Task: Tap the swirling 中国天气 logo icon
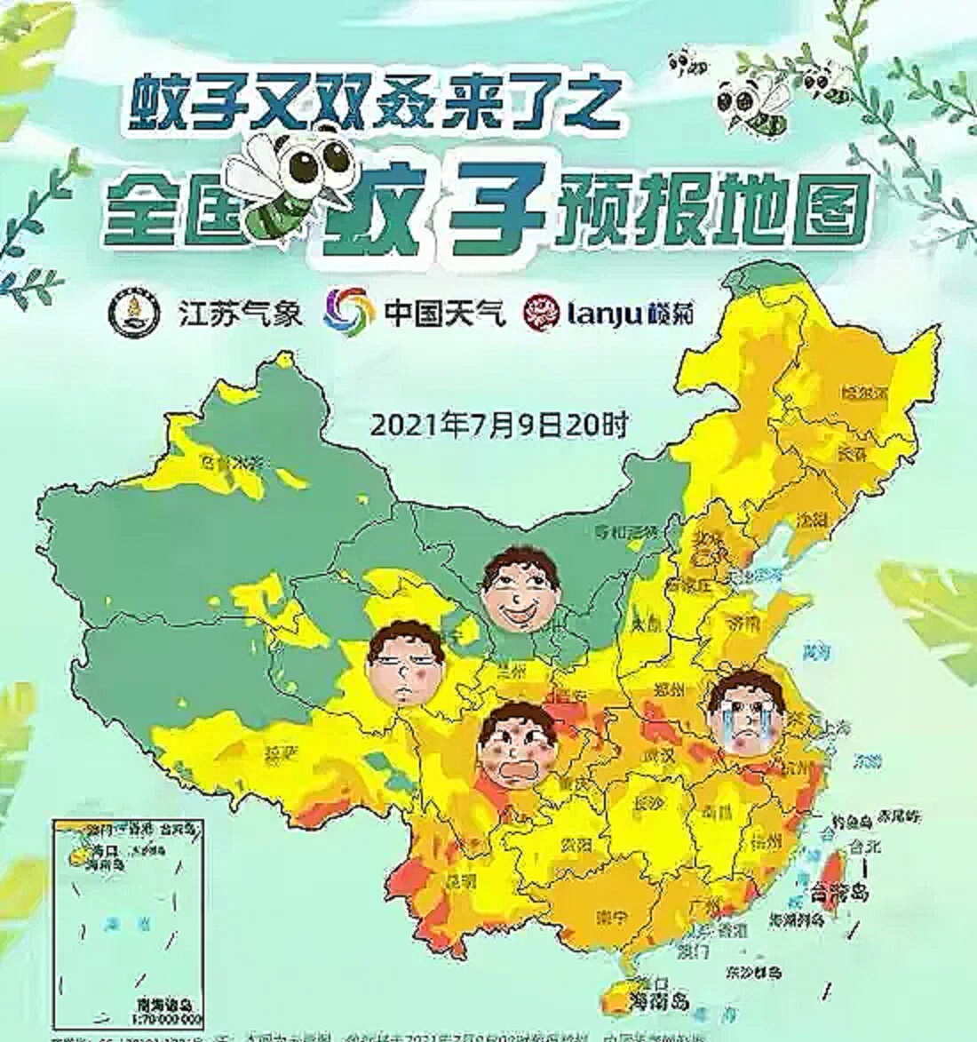tap(348, 312)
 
